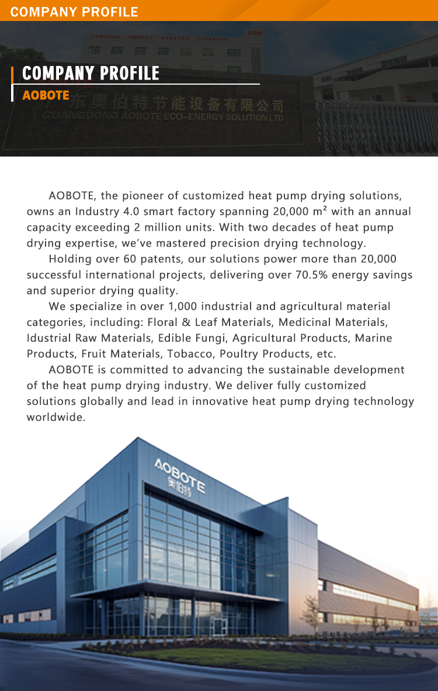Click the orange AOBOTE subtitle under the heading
(46, 95)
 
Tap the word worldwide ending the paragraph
(55, 417)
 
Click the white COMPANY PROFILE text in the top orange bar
(74, 12)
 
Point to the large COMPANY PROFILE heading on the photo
(91, 73)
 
